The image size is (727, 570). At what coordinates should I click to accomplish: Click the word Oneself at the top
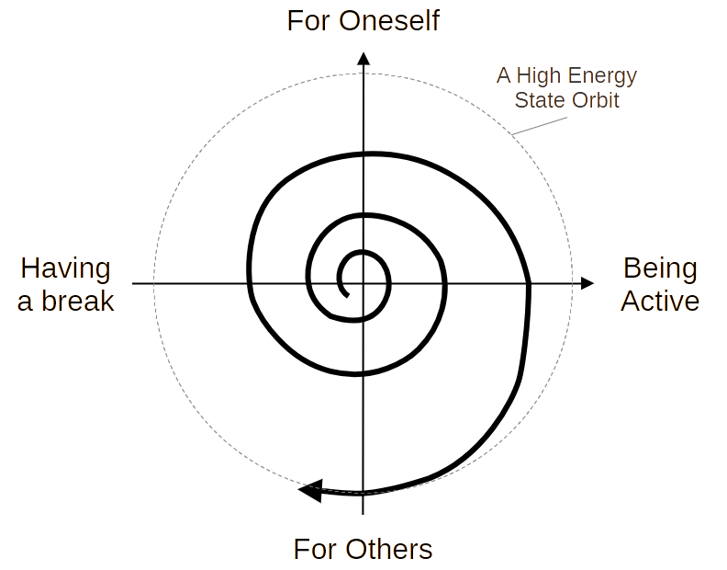pyautogui.click(x=387, y=21)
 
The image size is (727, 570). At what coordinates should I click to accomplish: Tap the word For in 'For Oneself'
pyautogui.click(x=308, y=21)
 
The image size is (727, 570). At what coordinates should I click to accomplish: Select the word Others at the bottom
pyautogui.click(x=387, y=550)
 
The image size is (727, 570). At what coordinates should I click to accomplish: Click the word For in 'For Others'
pyautogui.click(x=314, y=550)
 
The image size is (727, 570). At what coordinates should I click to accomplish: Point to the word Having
pyautogui.click(x=64, y=269)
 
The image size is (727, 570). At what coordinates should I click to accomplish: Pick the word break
pyautogui.click(x=76, y=301)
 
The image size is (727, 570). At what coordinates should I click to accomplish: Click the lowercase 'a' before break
pyautogui.click(x=25, y=302)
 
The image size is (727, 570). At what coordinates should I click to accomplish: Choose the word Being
pyautogui.click(x=659, y=269)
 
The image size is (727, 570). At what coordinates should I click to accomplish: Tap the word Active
pyautogui.click(x=659, y=301)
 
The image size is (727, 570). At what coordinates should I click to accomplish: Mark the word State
pyautogui.click(x=535, y=100)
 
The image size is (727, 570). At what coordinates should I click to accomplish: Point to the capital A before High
pyautogui.click(x=502, y=76)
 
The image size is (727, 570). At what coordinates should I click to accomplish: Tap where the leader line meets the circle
pyautogui.click(x=513, y=134)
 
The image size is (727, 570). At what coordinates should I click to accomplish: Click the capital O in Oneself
pyautogui.click(x=349, y=21)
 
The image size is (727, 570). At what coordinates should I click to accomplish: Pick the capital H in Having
pyautogui.click(x=28, y=268)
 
